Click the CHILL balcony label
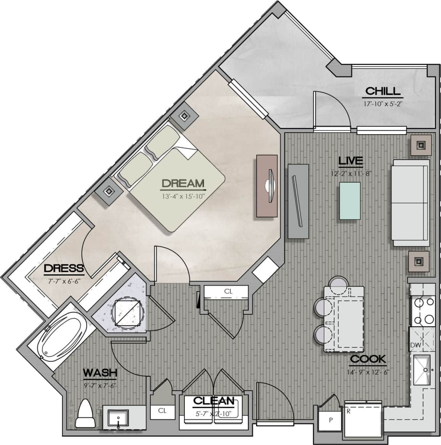(x=383, y=91)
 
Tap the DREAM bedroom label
(x=183, y=183)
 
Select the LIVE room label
(x=351, y=161)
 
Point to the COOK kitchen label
(x=368, y=359)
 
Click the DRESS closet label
(x=64, y=268)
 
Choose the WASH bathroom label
(x=100, y=373)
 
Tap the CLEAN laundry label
(x=213, y=401)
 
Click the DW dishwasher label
(x=415, y=345)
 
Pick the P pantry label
(x=330, y=420)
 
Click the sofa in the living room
(x=410, y=203)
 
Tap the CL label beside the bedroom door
(x=228, y=291)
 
